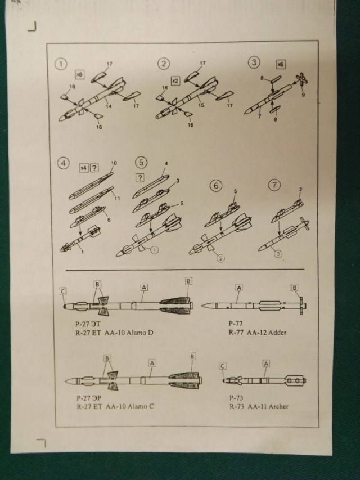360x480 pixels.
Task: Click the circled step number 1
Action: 59,64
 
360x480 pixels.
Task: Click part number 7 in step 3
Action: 259,116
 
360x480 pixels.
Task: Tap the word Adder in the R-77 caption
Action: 276,333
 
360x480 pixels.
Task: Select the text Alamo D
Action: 138,333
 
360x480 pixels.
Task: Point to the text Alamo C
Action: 139,406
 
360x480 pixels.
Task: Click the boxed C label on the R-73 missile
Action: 223,366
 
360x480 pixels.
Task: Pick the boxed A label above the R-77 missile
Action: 239,288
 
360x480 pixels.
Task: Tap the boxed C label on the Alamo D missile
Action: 63,291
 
